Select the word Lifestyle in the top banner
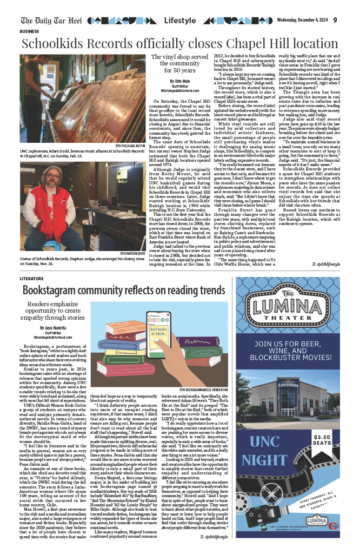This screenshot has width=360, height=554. click(x=180, y=21)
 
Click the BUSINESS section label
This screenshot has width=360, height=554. click(x=33, y=32)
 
